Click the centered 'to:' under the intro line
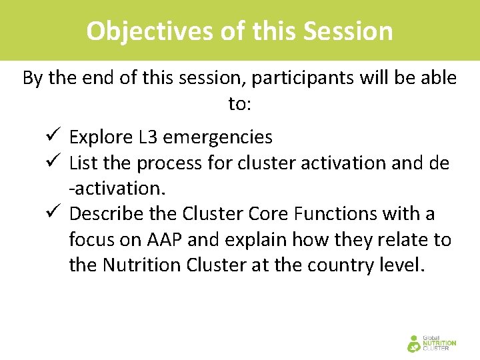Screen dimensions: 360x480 [x=239, y=103]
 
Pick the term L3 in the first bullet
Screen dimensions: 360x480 [x=148, y=137]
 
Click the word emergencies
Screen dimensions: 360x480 [x=217, y=137]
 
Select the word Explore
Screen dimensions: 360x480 [x=101, y=137]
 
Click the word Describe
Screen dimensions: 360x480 [x=105, y=214]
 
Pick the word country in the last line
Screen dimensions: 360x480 [x=331, y=265]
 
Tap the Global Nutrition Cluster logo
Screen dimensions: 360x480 [x=431, y=342]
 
